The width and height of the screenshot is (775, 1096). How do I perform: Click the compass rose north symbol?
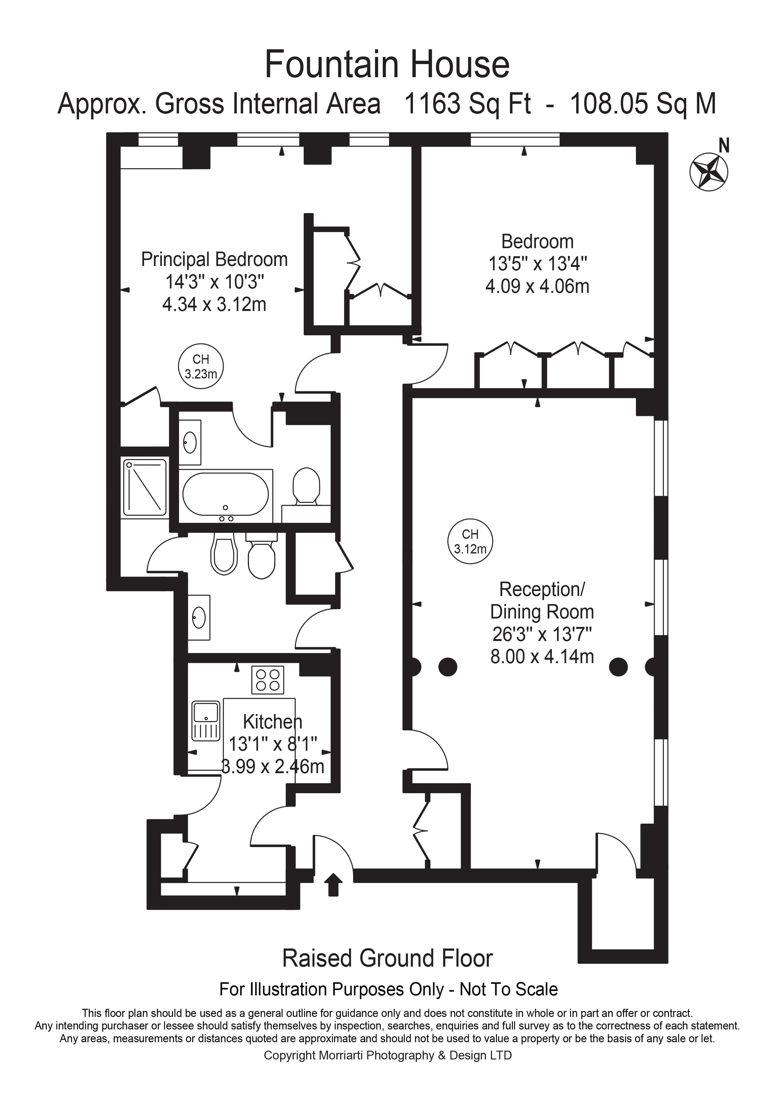click(709, 171)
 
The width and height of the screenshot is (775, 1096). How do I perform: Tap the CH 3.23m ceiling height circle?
click(201, 366)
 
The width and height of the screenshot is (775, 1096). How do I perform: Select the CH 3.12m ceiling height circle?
click(470, 541)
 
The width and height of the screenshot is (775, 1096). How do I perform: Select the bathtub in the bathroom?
click(225, 494)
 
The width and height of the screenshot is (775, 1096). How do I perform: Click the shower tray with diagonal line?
click(145, 488)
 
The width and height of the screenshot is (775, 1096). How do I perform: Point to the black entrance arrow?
click(333, 884)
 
